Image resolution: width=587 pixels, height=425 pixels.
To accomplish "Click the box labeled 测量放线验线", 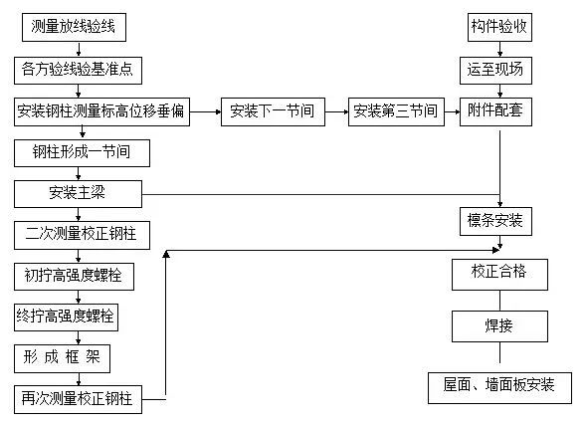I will (74, 28).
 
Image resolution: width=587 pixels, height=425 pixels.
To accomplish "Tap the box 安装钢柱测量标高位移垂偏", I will (101, 110).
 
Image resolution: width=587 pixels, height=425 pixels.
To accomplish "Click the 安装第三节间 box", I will (394, 111).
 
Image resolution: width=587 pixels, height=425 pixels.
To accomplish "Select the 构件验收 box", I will (498, 28).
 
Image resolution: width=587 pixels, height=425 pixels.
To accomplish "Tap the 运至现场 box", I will (498, 70).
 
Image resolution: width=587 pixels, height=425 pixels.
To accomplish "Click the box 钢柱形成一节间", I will (84, 152).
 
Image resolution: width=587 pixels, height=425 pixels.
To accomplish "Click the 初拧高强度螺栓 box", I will (75, 275).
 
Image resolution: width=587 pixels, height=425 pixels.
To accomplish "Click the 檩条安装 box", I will (497, 219).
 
